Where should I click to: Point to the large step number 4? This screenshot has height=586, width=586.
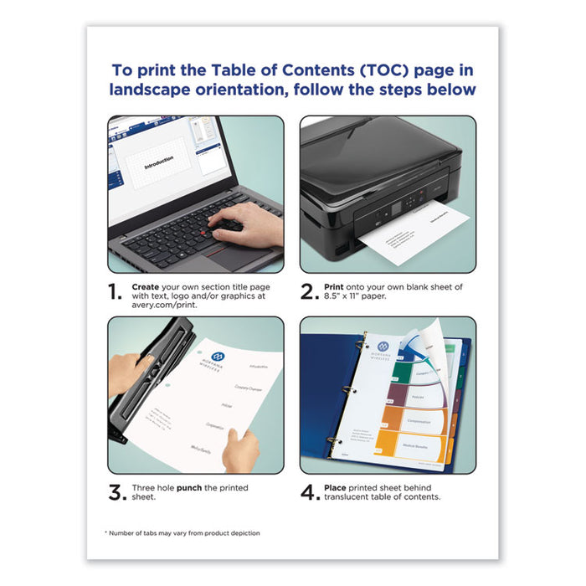click(x=310, y=492)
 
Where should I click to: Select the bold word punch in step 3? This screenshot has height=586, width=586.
click(x=188, y=487)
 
